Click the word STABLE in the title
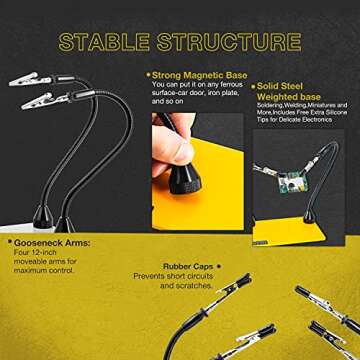point(107,42)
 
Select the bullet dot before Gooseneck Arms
point(8,243)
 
